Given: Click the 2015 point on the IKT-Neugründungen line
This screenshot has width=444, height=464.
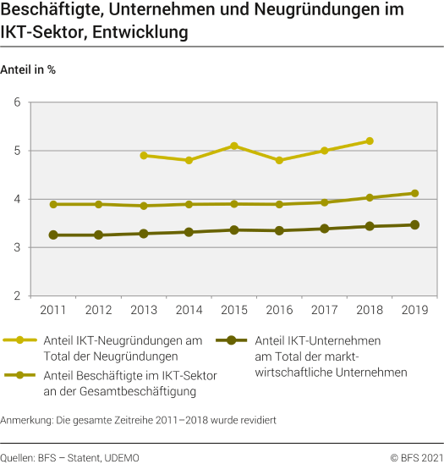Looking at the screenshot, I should [x=234, y=146].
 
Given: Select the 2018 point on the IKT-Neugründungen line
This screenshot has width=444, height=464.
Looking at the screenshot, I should [x=370, y=141].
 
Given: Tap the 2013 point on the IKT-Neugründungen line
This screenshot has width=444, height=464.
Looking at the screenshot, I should [x=144, y=156].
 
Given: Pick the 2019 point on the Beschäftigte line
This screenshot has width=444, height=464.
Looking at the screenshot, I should [x=414, y=193].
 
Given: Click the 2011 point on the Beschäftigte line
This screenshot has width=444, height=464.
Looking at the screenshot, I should [x=53, y=204].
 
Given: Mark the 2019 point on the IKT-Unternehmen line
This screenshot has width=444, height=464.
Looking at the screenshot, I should [x=414, y=224].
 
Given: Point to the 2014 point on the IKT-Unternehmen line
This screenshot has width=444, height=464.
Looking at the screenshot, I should [x=189, y=232].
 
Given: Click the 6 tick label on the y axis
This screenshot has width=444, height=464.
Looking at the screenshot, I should [x=16, y=102].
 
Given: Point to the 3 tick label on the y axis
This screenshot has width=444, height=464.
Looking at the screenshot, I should [x=16, y=248].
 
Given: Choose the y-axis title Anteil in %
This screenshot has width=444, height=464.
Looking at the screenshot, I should [x=29, y=69].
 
